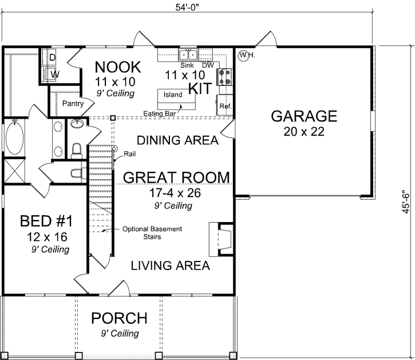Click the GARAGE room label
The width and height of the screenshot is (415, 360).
[x=303, y=116]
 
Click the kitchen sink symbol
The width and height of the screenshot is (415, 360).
[x=188, y=56]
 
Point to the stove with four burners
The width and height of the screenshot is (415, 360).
[x=224, y=77]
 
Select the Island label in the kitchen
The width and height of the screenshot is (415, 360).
[x=173, y=95]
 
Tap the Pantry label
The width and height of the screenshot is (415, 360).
[x=74, y=104]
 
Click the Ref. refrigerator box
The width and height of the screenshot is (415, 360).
[x=224, y=106]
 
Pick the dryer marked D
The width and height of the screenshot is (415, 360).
[x=52, y=58]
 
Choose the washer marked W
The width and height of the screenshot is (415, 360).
[x=54, y=74]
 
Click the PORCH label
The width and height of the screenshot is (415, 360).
[x=120, y=318]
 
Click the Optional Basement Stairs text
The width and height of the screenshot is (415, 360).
[x=152, y=232]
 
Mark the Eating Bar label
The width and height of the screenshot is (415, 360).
[x=159, y=113]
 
